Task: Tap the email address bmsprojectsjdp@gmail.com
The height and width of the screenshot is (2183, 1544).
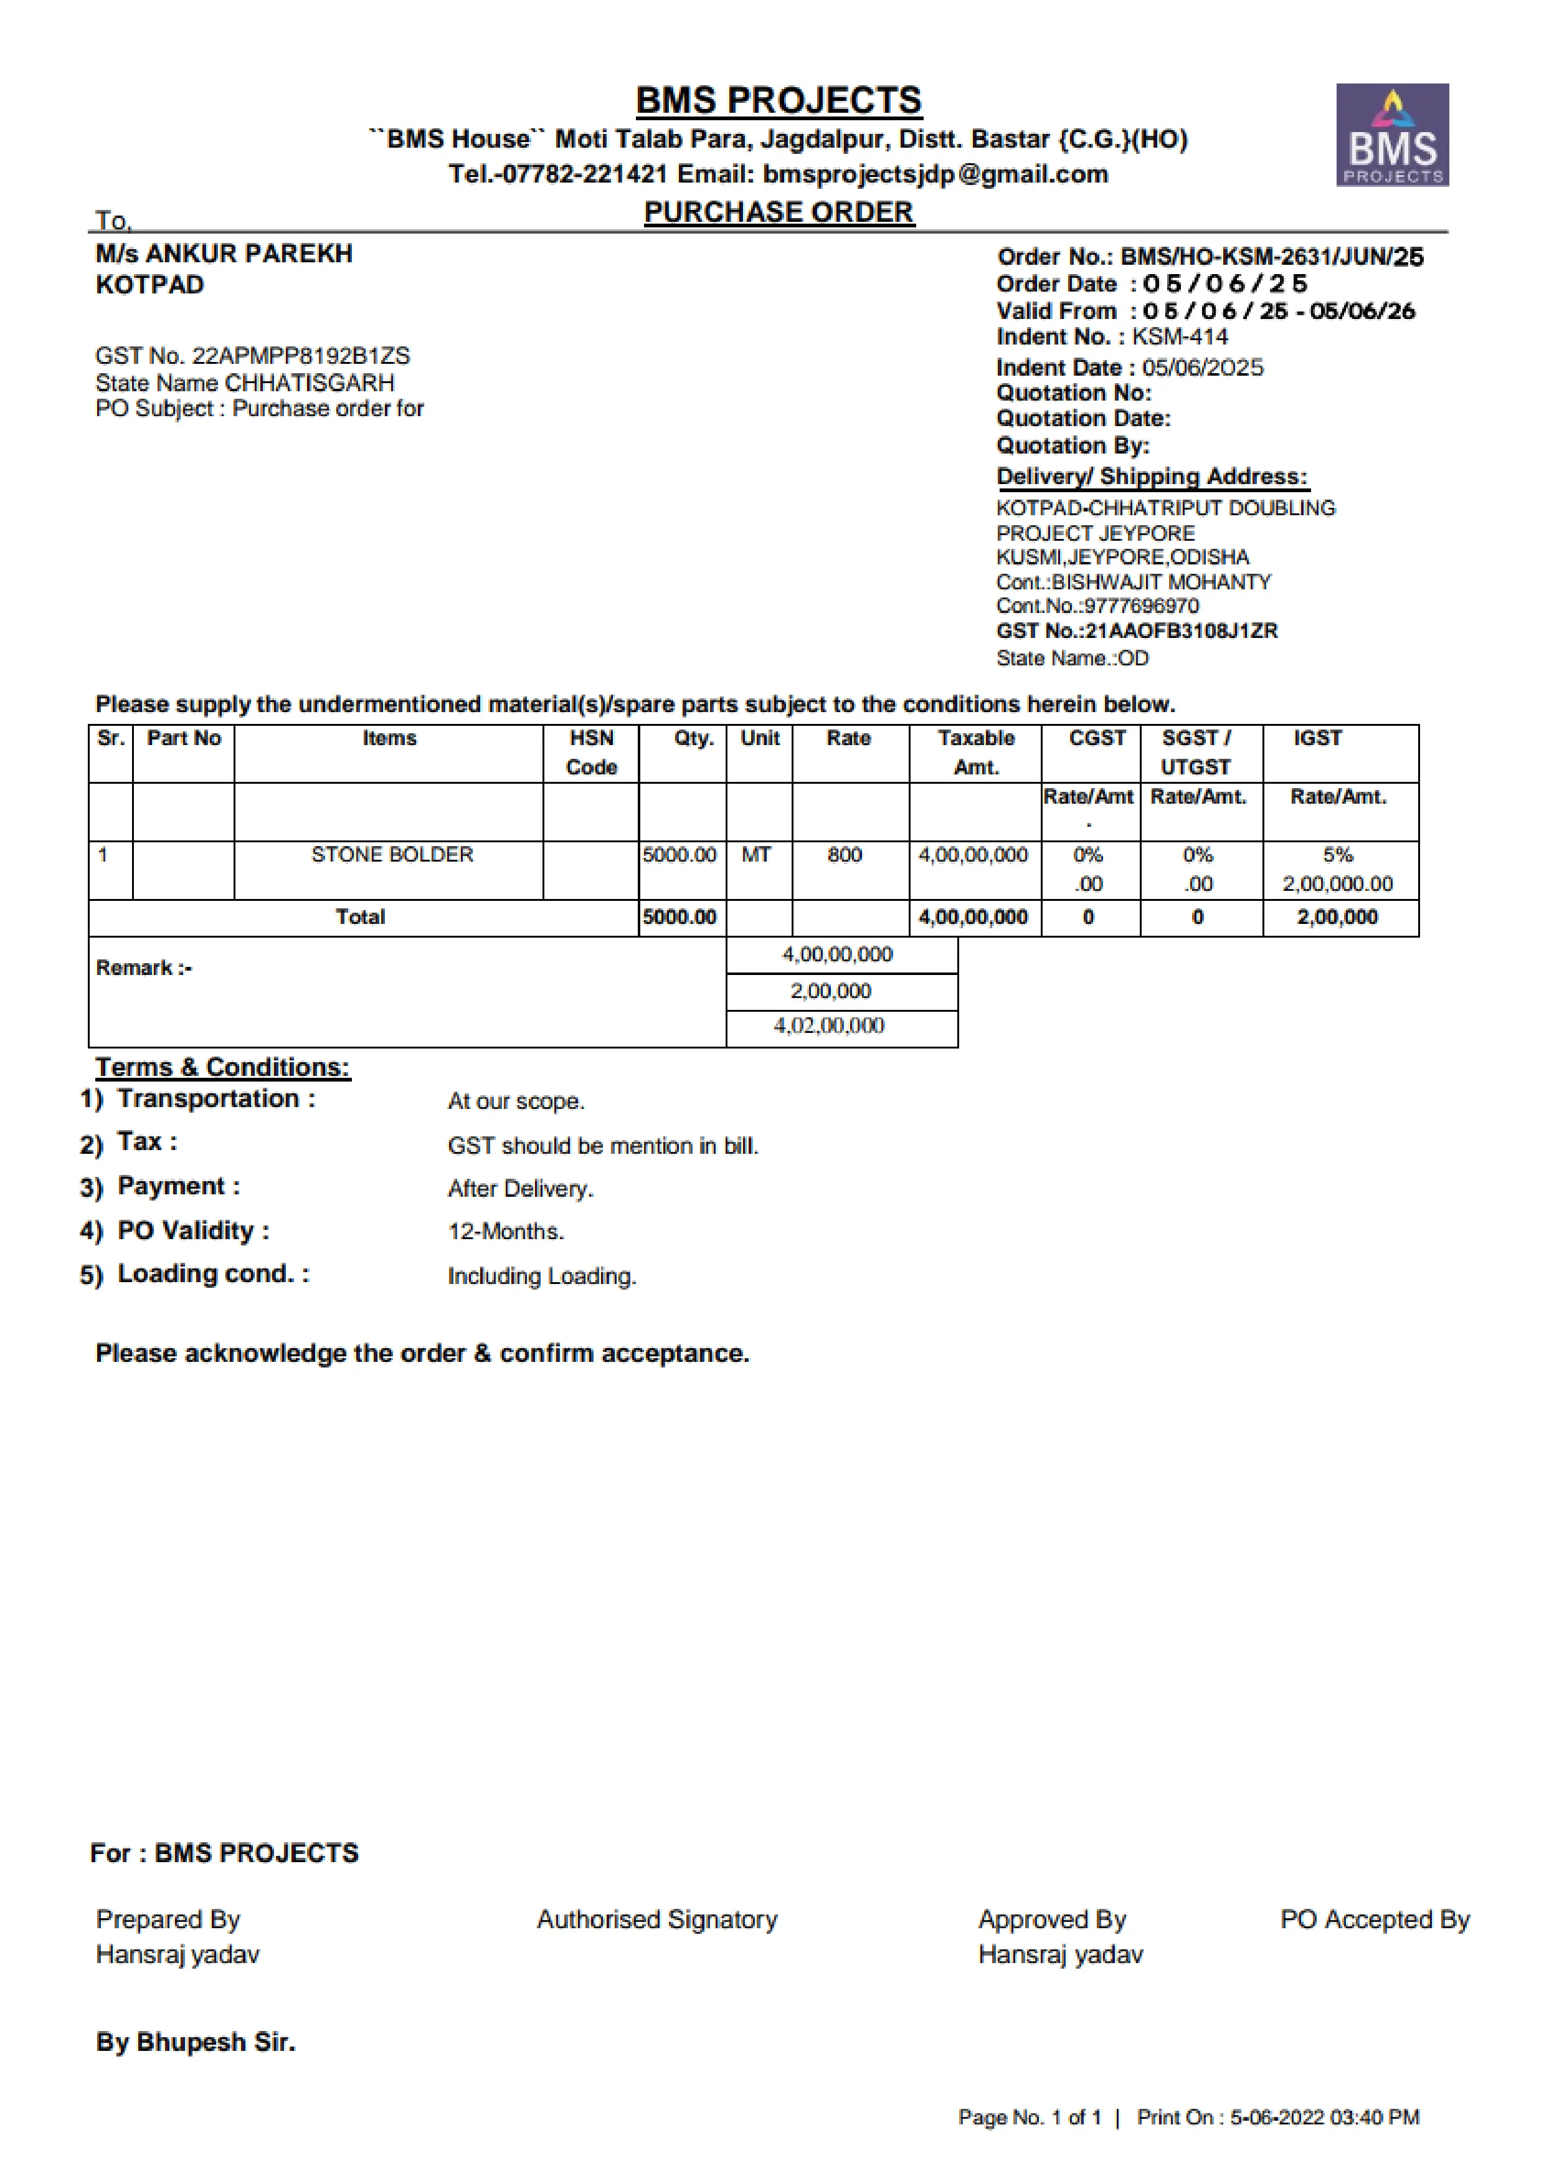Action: [935, 174]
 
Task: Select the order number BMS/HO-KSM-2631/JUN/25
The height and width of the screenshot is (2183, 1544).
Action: [1271, 257]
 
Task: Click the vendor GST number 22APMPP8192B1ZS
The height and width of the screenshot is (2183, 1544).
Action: [300, 356]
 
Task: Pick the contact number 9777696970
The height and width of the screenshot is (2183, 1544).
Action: [1141, 606]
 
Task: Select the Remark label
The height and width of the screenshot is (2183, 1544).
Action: [143, 968]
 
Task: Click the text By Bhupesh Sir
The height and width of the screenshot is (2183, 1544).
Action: [196, 2042]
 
